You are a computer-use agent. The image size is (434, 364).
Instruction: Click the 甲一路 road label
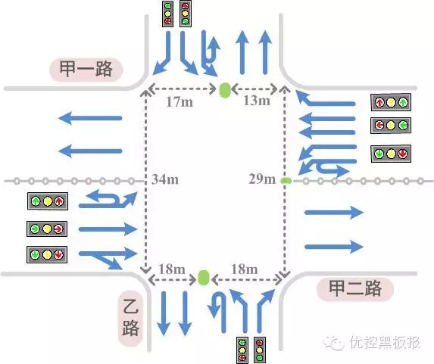(86, 70)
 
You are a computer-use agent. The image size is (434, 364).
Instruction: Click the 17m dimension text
(180, 101)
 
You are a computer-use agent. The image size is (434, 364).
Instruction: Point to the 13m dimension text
(255, 101)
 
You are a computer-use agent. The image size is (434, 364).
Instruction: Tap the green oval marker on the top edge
(224, 90)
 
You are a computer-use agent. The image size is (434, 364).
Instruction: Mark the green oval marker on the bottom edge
(203, 277)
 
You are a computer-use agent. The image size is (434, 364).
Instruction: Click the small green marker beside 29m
(286, 180)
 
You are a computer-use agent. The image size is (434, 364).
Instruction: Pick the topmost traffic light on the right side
(390, 101)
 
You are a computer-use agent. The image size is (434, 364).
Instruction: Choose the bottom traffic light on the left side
(47, 254)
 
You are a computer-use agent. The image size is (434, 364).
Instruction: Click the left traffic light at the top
(168, 14)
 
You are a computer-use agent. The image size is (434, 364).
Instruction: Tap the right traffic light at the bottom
(261, 349)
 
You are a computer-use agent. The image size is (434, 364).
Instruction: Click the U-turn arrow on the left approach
(107, 199)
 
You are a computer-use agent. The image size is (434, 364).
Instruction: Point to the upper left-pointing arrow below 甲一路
(90, 118)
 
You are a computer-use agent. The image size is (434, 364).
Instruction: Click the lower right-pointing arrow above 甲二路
(333, 245)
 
